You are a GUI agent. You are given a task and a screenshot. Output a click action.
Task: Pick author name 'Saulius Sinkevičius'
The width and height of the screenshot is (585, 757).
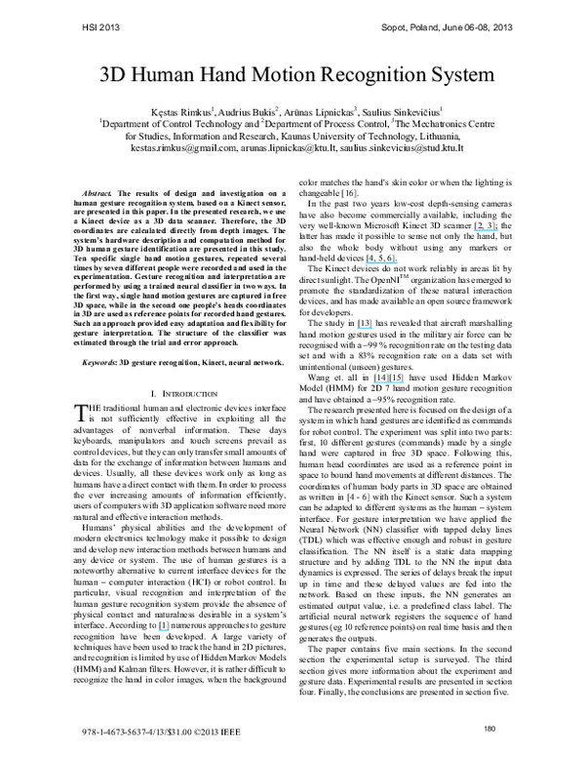tap(401, 113)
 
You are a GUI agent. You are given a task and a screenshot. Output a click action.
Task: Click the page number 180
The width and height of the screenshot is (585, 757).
tap(490, 728)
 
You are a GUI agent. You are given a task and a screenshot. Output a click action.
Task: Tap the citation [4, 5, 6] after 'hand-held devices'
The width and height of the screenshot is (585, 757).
tap(410, 249)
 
